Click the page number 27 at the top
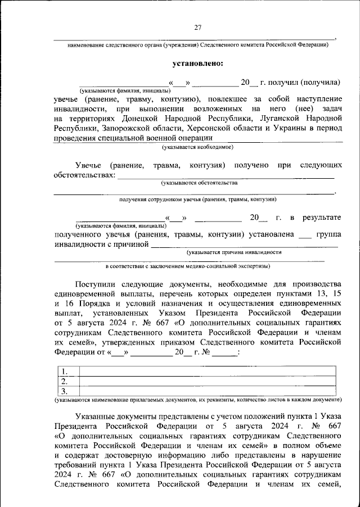(x=198, y=28)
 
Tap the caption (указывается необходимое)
(x=197, y=147)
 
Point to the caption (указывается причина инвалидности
(x=235, y=253)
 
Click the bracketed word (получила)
(x=320, y=82)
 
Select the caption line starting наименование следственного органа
(x=197, y=45)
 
